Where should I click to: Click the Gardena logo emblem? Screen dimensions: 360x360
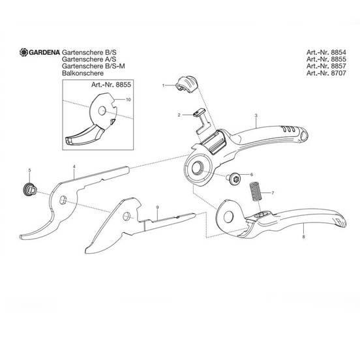pyautogui.click(x=23, y=52)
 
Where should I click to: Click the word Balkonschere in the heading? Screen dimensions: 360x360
pyautogui.click(x=83, y=73)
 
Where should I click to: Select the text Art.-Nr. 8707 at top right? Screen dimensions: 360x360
pyautogui.click(x=326, y=73)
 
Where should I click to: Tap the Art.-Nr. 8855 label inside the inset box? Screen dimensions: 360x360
pyautogui.click(x=111, y=85)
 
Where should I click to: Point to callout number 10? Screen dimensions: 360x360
pyautogui.click(x=128, y=100)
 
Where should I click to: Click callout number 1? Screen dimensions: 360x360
pyautogui.click(x=163, y=85)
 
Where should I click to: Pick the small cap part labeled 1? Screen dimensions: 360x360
pyautogui.click(x=187, y=84)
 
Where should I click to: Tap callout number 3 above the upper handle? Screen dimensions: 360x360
pyautogui.click(x=256, y=115)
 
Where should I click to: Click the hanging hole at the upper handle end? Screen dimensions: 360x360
pyautogui.click(x=303, y=136)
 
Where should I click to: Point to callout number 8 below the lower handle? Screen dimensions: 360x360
pyautogui.click(x=303, y=237)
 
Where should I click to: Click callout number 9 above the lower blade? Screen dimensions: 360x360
pyautogui.click(x=157, y=207)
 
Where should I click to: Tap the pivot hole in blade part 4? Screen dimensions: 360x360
pyautogui.click(x=63, y=200)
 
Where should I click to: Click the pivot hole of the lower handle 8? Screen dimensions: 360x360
pyautogui.click(x=229, y=217)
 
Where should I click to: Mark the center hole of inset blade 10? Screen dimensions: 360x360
pyautogui.click(x=102, y=111)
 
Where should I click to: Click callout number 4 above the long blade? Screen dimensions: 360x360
pyautogui.click(x=74, y=166)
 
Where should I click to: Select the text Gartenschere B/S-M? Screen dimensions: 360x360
pyautogui.click(x=93, y=66)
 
